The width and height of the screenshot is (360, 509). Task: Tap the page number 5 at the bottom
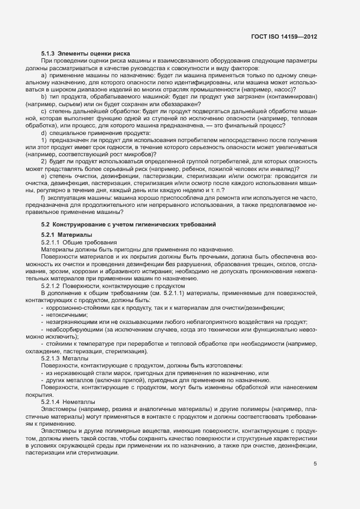315,464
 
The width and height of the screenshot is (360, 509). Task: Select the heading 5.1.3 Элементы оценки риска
77,54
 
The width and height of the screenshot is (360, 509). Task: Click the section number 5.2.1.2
51,285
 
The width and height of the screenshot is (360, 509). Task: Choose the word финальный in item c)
255,125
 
